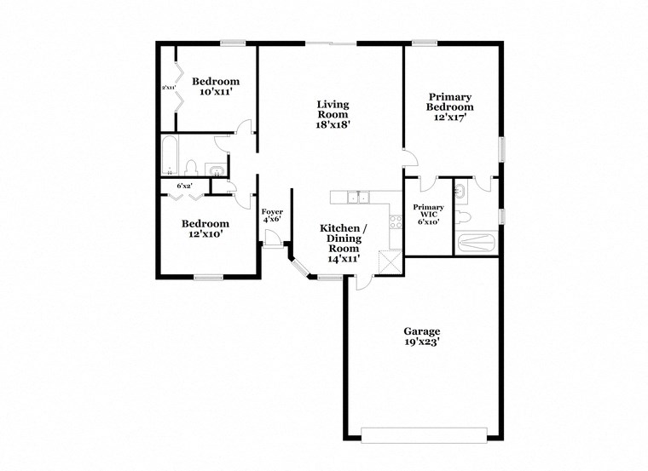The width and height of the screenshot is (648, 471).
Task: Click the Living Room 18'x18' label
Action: pos(333,114)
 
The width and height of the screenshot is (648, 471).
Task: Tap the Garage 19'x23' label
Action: pos(421,337)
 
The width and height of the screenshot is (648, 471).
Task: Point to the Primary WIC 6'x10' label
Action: pos(427,214)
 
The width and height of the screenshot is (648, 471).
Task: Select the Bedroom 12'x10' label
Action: pos(205,229)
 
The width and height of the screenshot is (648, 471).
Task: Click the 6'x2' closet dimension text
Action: pos(184,186)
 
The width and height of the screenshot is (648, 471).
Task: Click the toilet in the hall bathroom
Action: pos(192,167)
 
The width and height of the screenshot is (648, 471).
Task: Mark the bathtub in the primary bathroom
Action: pos(478,243)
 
